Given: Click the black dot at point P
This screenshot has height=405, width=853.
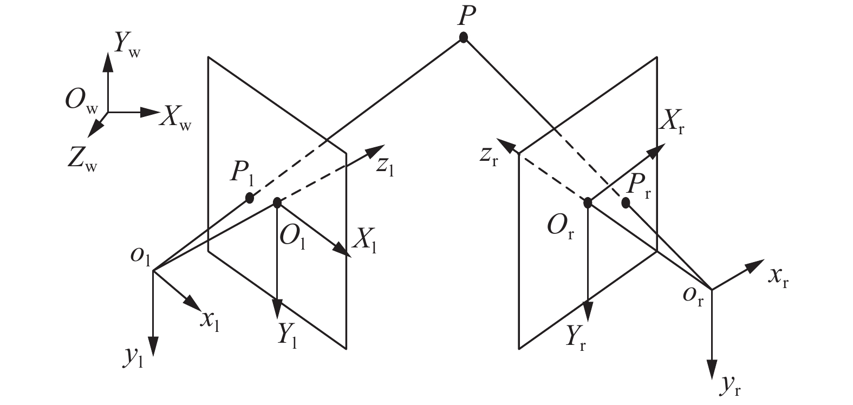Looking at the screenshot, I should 463,37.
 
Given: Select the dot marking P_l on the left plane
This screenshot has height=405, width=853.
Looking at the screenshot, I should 249,198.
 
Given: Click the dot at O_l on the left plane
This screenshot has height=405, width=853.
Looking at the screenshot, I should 277,203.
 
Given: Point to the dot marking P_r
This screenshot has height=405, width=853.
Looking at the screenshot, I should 626,203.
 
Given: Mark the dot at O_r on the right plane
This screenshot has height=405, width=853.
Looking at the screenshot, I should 587,203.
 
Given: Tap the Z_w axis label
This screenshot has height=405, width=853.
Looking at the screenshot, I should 83,160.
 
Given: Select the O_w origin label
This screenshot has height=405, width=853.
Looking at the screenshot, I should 81,103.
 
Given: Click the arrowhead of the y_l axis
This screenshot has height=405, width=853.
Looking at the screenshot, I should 154,347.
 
